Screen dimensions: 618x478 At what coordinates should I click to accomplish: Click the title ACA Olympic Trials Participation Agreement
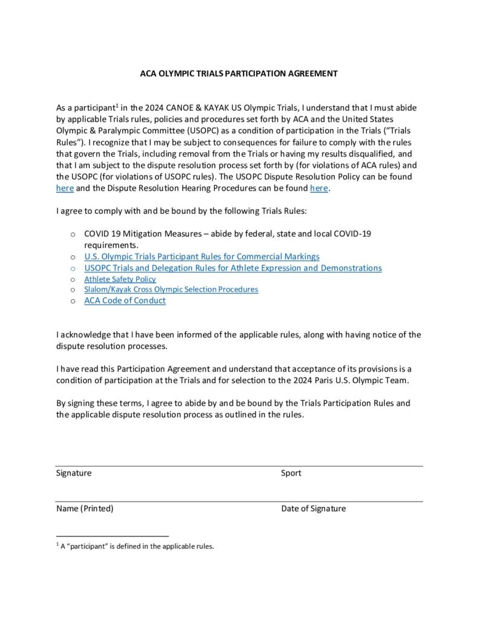pyautogui.click(x=239, y=74)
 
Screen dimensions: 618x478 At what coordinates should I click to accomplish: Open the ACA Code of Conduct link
pyautogui.click(x=124, y=301)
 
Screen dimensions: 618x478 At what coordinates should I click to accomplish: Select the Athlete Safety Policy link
pyautogui.click(x=120, y=279)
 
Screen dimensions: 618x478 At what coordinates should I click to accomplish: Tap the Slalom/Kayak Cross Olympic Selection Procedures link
pyautogui.click(x=171, y=290)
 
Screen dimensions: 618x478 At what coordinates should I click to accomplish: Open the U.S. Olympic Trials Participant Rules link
pyautogui.click(x=202, y=256)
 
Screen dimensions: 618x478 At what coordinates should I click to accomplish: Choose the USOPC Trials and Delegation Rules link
pyautogui.click(x=233, y=268)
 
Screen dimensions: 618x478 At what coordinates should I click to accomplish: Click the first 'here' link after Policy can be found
pyautogui.click(x=65, y=188)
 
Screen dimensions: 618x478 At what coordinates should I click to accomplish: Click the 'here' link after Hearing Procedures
pyautogui.click(x=318, y=188)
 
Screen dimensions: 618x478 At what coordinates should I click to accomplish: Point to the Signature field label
pyautogui.click(x=74, y=473)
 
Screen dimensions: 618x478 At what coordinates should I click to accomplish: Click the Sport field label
pyautogui.click(x=291, y=473)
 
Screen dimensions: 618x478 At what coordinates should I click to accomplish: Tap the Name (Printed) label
pyautogui.click(x=85, y=509)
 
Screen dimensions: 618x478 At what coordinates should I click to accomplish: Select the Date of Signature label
pyautogui.click(x=313, y=509)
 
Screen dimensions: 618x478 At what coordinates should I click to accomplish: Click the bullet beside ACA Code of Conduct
pyautogui.click(x=73, y=301)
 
